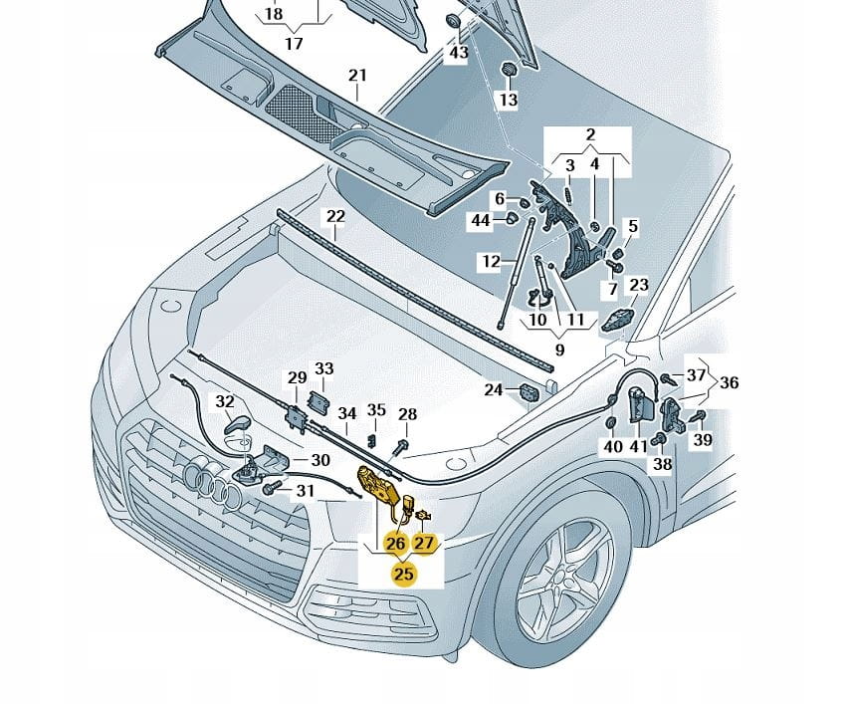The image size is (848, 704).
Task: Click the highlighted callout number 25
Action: pyautogui.click(x=403, y=573)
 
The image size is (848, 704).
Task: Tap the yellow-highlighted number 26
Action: pyautogui.click(x=395, y=543)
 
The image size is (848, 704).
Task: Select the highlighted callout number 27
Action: pyautogui.click(x=425, y=543)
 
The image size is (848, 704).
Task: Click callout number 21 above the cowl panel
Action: pyautogui.click(x=357, y=76)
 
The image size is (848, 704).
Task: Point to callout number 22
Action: pyautogui.click(x=335, y=216)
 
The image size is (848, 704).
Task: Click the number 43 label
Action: pyautogui.click(x=458, y=52)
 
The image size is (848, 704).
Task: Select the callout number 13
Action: pyautogui.click(x=508, y=101)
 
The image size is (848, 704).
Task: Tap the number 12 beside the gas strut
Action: pyautogui.click(x=492, y=262)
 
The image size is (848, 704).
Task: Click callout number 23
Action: pyautogui.click(x=638, y=285)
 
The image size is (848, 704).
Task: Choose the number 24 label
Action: pyautogui.click(x=494, y=390)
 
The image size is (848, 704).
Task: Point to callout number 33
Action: pyautogui.click(x=324, y=368)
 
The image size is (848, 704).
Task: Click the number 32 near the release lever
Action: pyautogui.click(x=226, y=402)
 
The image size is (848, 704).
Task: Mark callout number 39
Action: pyautogui.click(x=703, y=440)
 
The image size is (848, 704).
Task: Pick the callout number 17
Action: pyautogui.click(x=294, y=44)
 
